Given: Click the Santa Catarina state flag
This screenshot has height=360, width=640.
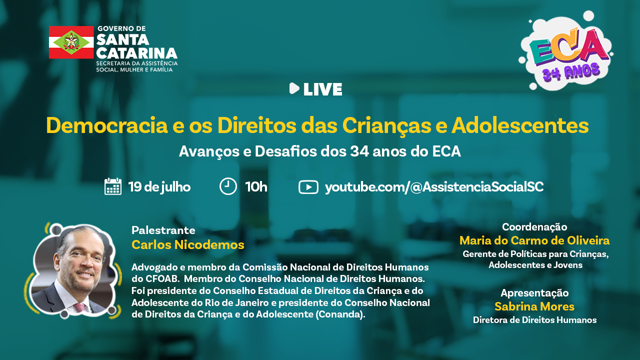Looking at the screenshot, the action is [x=71, y=42].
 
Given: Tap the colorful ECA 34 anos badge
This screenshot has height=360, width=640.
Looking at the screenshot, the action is [x=565, y=51].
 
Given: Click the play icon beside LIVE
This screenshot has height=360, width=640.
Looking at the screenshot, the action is [x=294, y=88].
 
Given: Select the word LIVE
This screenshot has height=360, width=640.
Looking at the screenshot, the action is [x=322, y=89].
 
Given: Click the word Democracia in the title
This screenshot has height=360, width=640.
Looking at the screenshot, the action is [x=107, y=125].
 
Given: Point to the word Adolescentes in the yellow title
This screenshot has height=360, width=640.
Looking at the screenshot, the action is [x=520, y=125].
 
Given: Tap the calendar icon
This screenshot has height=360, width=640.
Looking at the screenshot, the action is [x=113, y=186].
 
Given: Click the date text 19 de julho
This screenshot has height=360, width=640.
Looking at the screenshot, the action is [x=159, y=187].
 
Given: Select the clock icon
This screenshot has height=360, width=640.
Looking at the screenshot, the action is [x=228, y=186].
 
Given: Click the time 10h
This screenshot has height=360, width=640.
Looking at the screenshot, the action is [x=256, y=187].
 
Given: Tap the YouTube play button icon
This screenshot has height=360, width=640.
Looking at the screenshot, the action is [x=308, y=187].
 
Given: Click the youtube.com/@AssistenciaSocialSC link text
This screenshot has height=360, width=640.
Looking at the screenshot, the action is [x=434, y=187].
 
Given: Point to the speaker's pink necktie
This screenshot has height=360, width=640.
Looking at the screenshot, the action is [x=79, y=307].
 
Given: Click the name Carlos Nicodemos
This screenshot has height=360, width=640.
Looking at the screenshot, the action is [x=187, y=245].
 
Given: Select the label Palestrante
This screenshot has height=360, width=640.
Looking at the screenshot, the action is [x=163, y=230].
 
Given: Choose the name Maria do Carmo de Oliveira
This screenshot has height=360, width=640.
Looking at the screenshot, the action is [x=534, y=240].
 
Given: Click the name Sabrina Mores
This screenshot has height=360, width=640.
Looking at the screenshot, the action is [x=534, y=306].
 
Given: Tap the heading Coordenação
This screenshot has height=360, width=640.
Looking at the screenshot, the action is [x=534, y=227].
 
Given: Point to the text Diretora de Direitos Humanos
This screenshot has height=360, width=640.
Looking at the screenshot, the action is [x=534, y=320].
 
